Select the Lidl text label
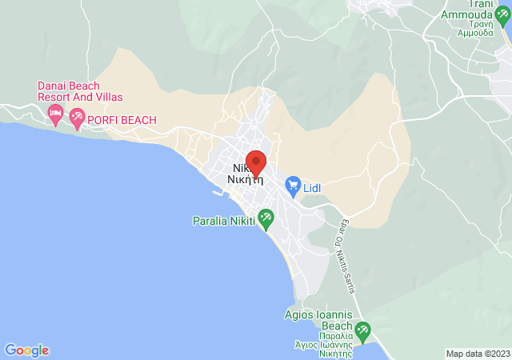312,189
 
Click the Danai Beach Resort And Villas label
80,91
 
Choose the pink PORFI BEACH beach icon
77,119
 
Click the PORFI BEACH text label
122,120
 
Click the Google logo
26,350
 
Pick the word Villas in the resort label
107,97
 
